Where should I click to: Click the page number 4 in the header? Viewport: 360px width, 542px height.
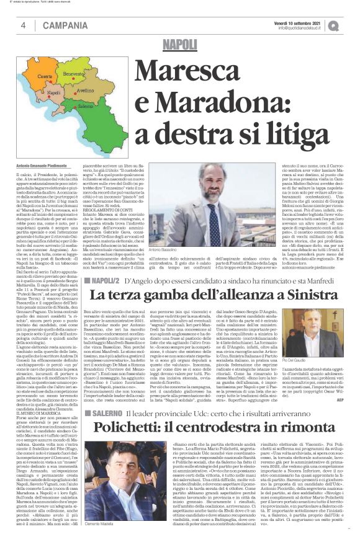(x=23, y=25)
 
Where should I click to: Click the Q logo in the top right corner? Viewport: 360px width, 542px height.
(x=351, y=25)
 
